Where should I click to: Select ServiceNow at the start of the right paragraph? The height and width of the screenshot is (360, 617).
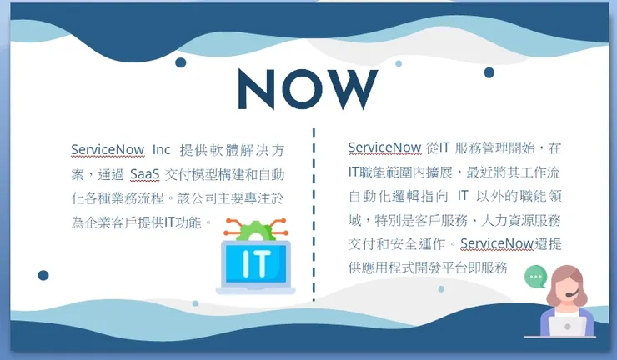384,147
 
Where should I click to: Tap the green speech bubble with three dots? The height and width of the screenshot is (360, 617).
535,275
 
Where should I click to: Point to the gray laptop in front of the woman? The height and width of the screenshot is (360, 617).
568,327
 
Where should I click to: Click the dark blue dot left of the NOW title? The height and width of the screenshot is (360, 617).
180,63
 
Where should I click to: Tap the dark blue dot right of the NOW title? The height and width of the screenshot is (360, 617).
489,72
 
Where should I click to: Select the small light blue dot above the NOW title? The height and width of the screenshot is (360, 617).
399,63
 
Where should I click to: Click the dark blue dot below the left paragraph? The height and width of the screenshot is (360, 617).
43,275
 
